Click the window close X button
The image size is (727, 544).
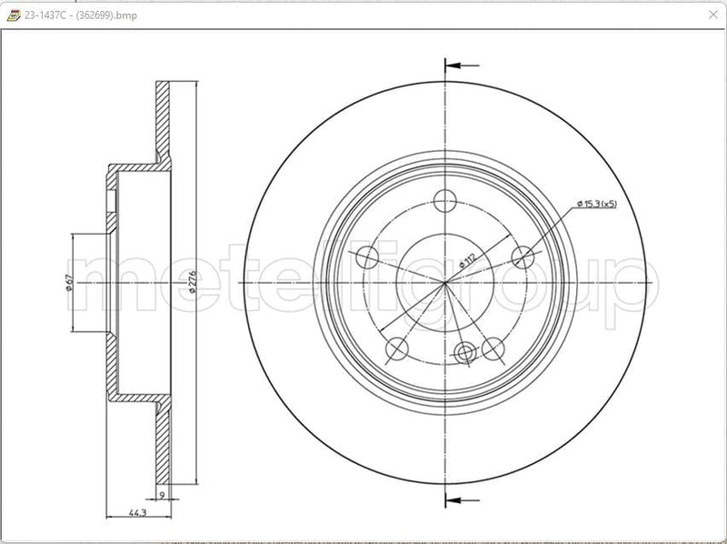[712, 15]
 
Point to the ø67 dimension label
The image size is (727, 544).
[69, 284]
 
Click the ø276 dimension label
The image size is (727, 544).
[192, 282]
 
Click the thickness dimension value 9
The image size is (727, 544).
[161, 496]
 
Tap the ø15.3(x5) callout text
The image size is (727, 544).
[596, 205]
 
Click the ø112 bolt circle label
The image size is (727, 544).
[467, 258]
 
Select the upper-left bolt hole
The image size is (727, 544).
[368, 257]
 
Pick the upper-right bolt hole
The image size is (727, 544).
[522, 257]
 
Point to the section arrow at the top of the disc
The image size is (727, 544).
[461, 65]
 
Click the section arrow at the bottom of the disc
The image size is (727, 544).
[461, 499]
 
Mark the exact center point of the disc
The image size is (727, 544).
[444, 283]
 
